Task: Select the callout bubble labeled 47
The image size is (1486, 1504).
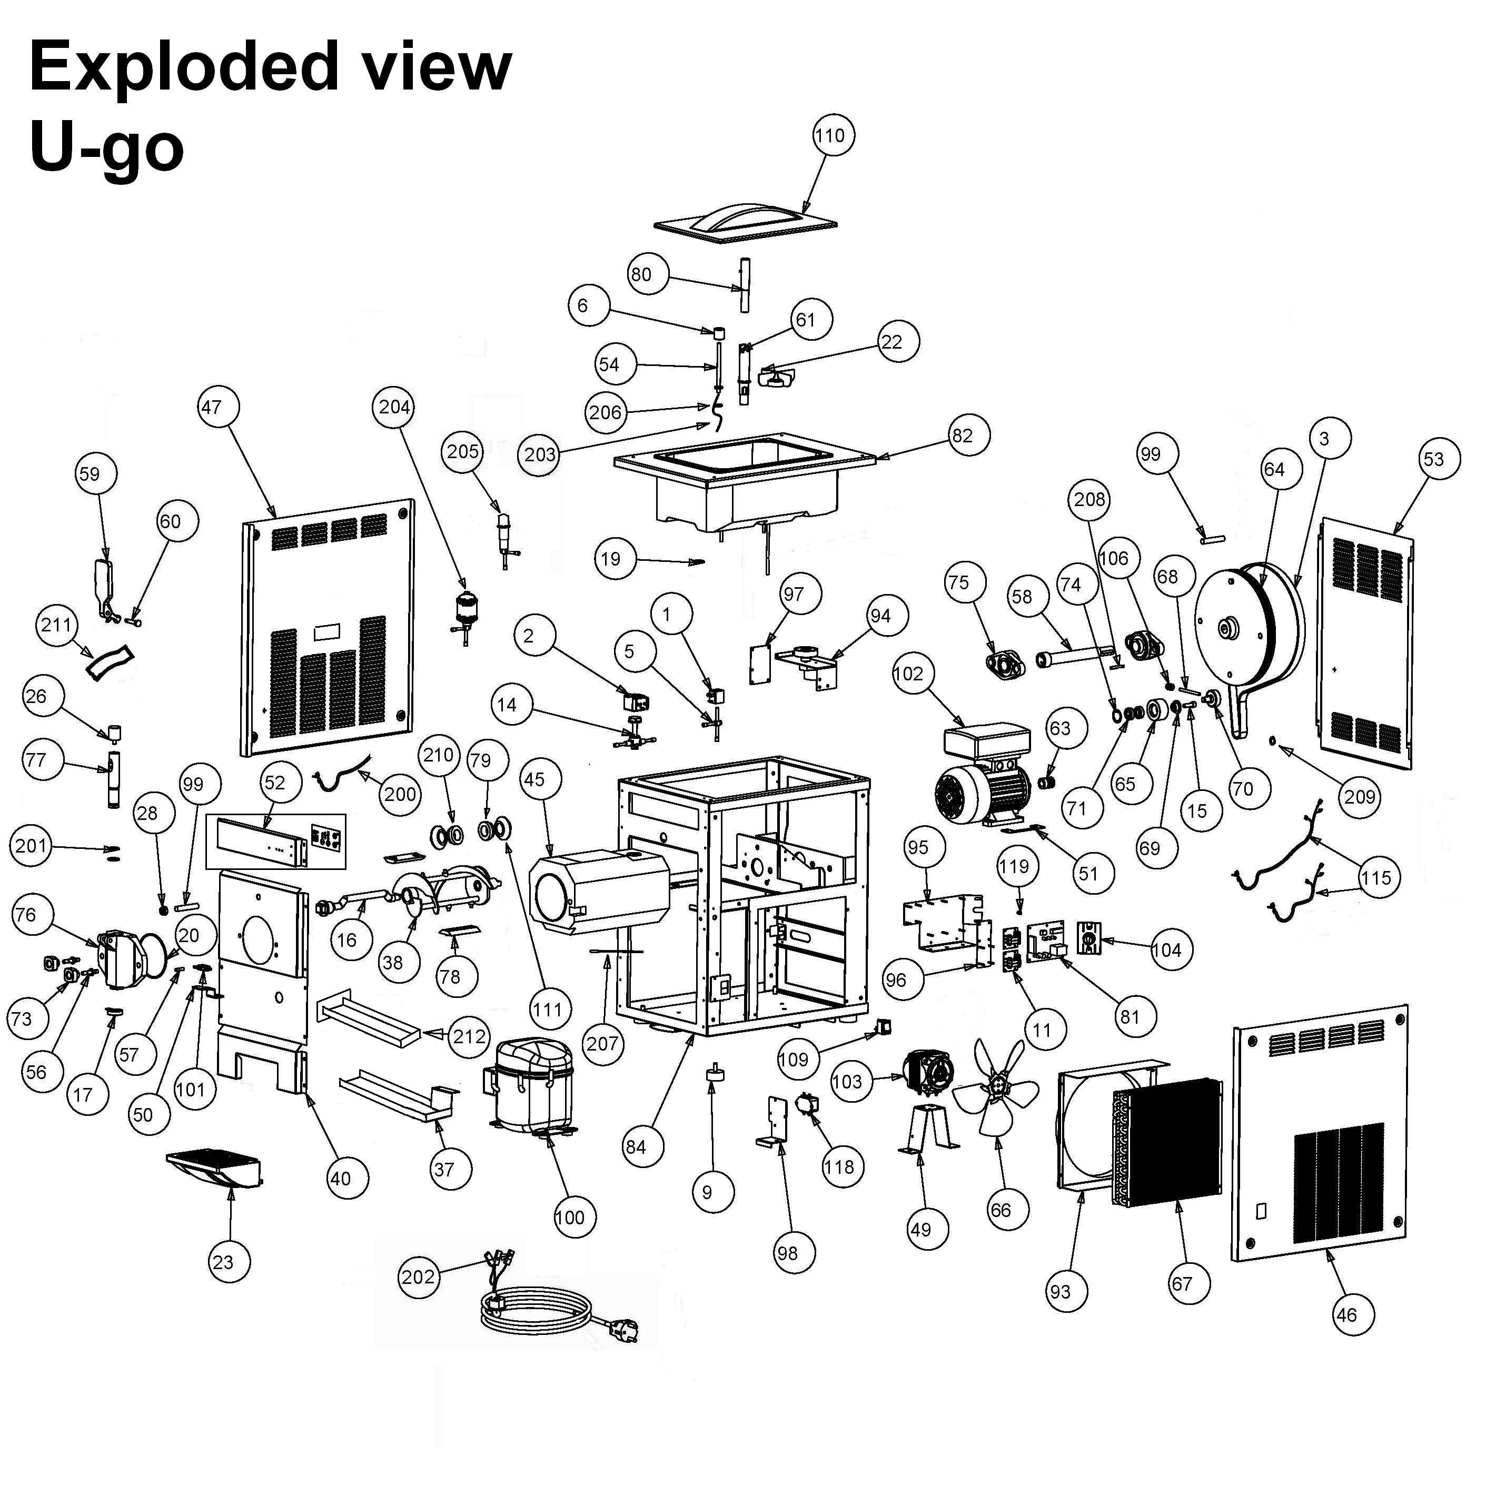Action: coord(211,407)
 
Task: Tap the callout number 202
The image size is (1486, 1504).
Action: coord(418,1277)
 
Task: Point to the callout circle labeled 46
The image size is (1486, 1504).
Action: coord(1346,1315)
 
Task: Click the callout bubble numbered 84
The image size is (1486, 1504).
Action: coord(636,1146)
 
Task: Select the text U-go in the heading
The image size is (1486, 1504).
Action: coord(107,148)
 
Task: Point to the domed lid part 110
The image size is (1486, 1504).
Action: coord(746,218)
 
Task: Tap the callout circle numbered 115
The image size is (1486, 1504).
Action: coord(1375,878)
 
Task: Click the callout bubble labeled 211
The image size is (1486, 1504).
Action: coord(56,625)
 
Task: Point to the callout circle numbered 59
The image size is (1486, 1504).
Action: coord(90,474)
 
